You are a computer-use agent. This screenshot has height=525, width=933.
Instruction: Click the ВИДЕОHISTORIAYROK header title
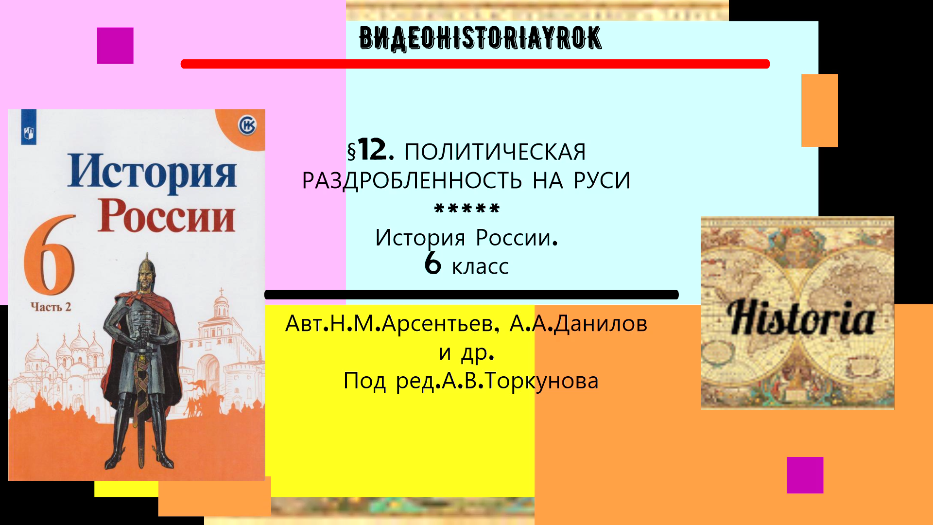[x=480, y=38]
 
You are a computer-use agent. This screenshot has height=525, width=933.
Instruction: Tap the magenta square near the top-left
[x=115, y=46]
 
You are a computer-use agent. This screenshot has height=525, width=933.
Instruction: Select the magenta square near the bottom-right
[x=805, y=475]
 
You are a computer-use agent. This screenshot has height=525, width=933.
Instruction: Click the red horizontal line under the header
[x=475, y=64]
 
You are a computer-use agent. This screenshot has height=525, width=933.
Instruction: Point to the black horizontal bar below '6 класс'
[x=471, y=295]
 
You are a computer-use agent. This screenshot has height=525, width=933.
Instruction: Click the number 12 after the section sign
[x=373, y=150]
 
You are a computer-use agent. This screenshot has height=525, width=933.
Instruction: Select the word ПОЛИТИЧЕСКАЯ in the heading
[x=495, y=152]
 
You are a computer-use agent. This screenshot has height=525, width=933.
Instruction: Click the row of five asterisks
[x=466, y=210]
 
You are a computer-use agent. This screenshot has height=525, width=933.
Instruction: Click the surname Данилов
[x=601, y=324]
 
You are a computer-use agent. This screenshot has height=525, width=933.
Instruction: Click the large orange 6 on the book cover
[x=50, y=255]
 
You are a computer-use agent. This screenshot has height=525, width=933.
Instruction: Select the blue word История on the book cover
[x=152, y=171]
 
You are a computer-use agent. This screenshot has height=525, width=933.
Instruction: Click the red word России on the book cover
[x=166, y=216]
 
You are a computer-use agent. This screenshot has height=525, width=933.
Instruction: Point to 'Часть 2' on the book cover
[x=51, y=307]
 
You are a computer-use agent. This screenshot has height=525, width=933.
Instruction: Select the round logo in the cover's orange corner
[x=247, y=125]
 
